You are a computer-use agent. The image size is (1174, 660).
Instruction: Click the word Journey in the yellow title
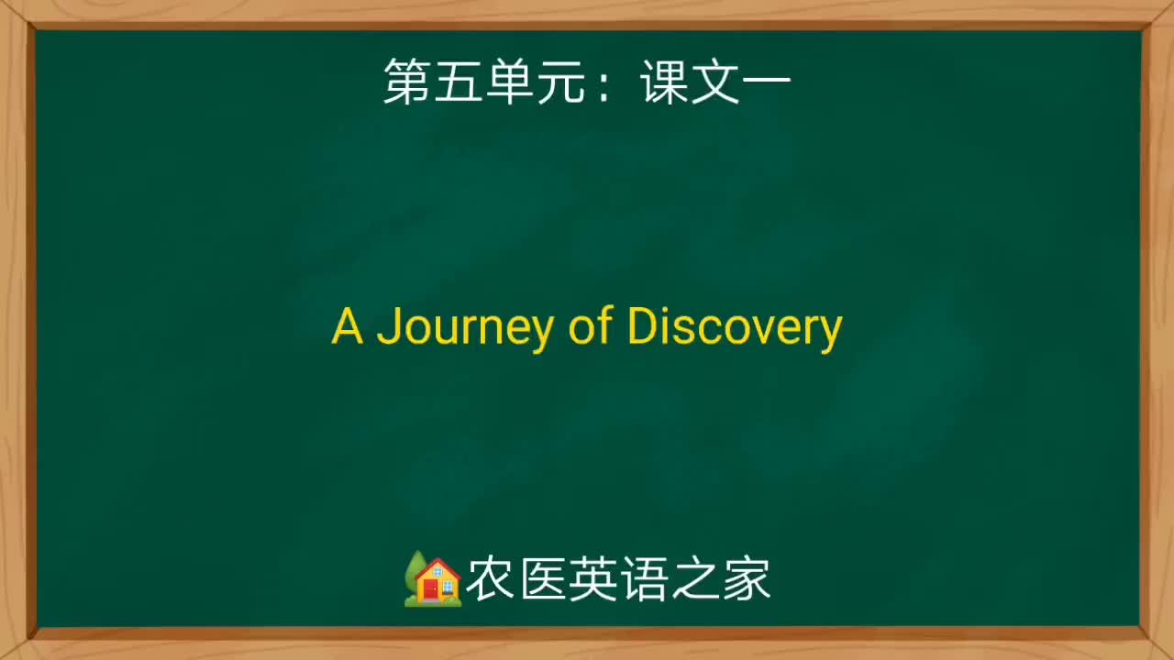[x=463, y=327]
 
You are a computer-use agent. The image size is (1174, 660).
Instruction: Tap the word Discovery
[x=734, y=327]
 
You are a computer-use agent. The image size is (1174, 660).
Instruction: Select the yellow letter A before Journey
[x=347, y=326]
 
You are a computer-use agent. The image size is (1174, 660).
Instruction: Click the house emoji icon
[x=433, y=579]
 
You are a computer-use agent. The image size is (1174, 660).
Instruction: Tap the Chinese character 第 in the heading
[x=407, y=83]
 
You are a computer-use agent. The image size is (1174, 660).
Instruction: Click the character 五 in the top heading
[x=459, y=83]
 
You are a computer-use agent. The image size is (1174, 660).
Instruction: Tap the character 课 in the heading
[x=664, y=83]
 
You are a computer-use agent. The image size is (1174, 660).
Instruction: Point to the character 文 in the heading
[x=715, y=83]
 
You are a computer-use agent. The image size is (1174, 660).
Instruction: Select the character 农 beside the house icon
[x=490, y=580]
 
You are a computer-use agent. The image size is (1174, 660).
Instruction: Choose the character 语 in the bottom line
[x=644, y=580]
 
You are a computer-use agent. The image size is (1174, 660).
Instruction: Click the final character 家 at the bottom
[x=746, y=580]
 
